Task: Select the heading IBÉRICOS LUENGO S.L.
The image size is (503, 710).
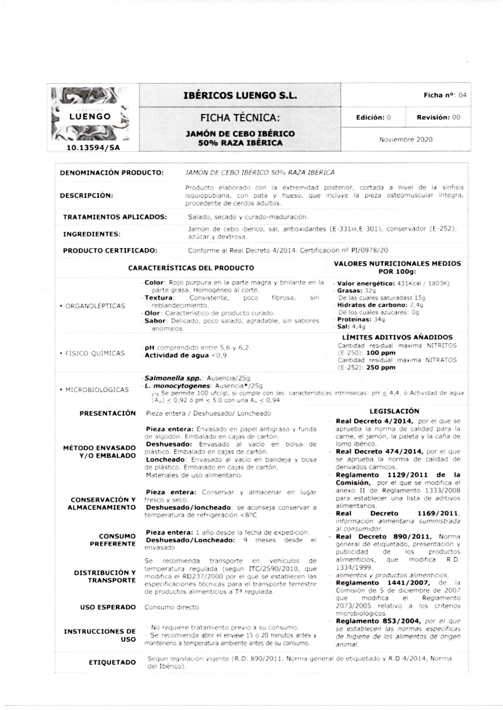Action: coord(240,96)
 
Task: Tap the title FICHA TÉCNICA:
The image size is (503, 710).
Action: coord(240,118)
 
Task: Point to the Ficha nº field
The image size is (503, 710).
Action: coord(445,96)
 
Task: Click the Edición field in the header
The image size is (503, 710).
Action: coord(373,118)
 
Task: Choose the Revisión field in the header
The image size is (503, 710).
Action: coord(438,118)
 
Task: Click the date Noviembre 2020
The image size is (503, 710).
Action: coord(406,140)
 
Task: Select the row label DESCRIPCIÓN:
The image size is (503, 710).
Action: coord(86,196)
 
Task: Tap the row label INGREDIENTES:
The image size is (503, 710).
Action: coord(91,234)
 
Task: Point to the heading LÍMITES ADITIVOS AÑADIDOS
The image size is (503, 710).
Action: coord(397,337)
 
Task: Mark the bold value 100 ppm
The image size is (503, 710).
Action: coord(381,353)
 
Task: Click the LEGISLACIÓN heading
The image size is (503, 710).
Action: coord(394,411)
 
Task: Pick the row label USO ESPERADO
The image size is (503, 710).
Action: coord(108,607)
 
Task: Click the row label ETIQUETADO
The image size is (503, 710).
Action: coord(112,663)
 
